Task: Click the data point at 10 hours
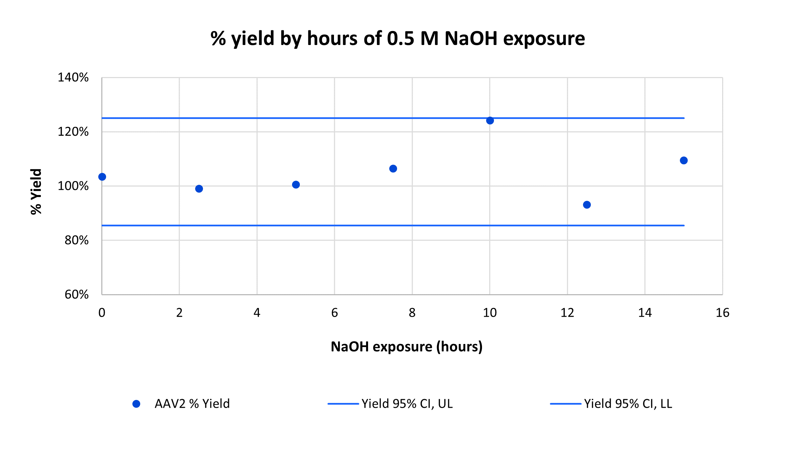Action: [490, 121]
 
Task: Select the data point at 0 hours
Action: [102, 177]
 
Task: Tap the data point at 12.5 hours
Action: [587, 205]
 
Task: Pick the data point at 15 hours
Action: [684, 161]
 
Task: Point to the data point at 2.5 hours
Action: [199, 189]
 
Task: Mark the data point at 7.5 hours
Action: [393, 169]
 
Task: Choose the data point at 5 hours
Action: [296, 185]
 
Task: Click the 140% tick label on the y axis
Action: [73, 78]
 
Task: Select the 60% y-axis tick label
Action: [76, 295]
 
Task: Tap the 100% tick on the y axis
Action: [73, 186]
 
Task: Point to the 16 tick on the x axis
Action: [722, 313]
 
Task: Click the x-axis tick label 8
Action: [412, 313]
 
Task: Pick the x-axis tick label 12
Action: [567, 313]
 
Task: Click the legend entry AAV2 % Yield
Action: [192, 404]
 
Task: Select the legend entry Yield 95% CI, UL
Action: [407, 404]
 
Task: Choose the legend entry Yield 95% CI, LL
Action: [628, 404]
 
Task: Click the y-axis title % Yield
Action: [36, 192]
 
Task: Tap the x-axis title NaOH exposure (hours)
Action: [407, 347]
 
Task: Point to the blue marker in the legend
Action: [136, 404]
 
